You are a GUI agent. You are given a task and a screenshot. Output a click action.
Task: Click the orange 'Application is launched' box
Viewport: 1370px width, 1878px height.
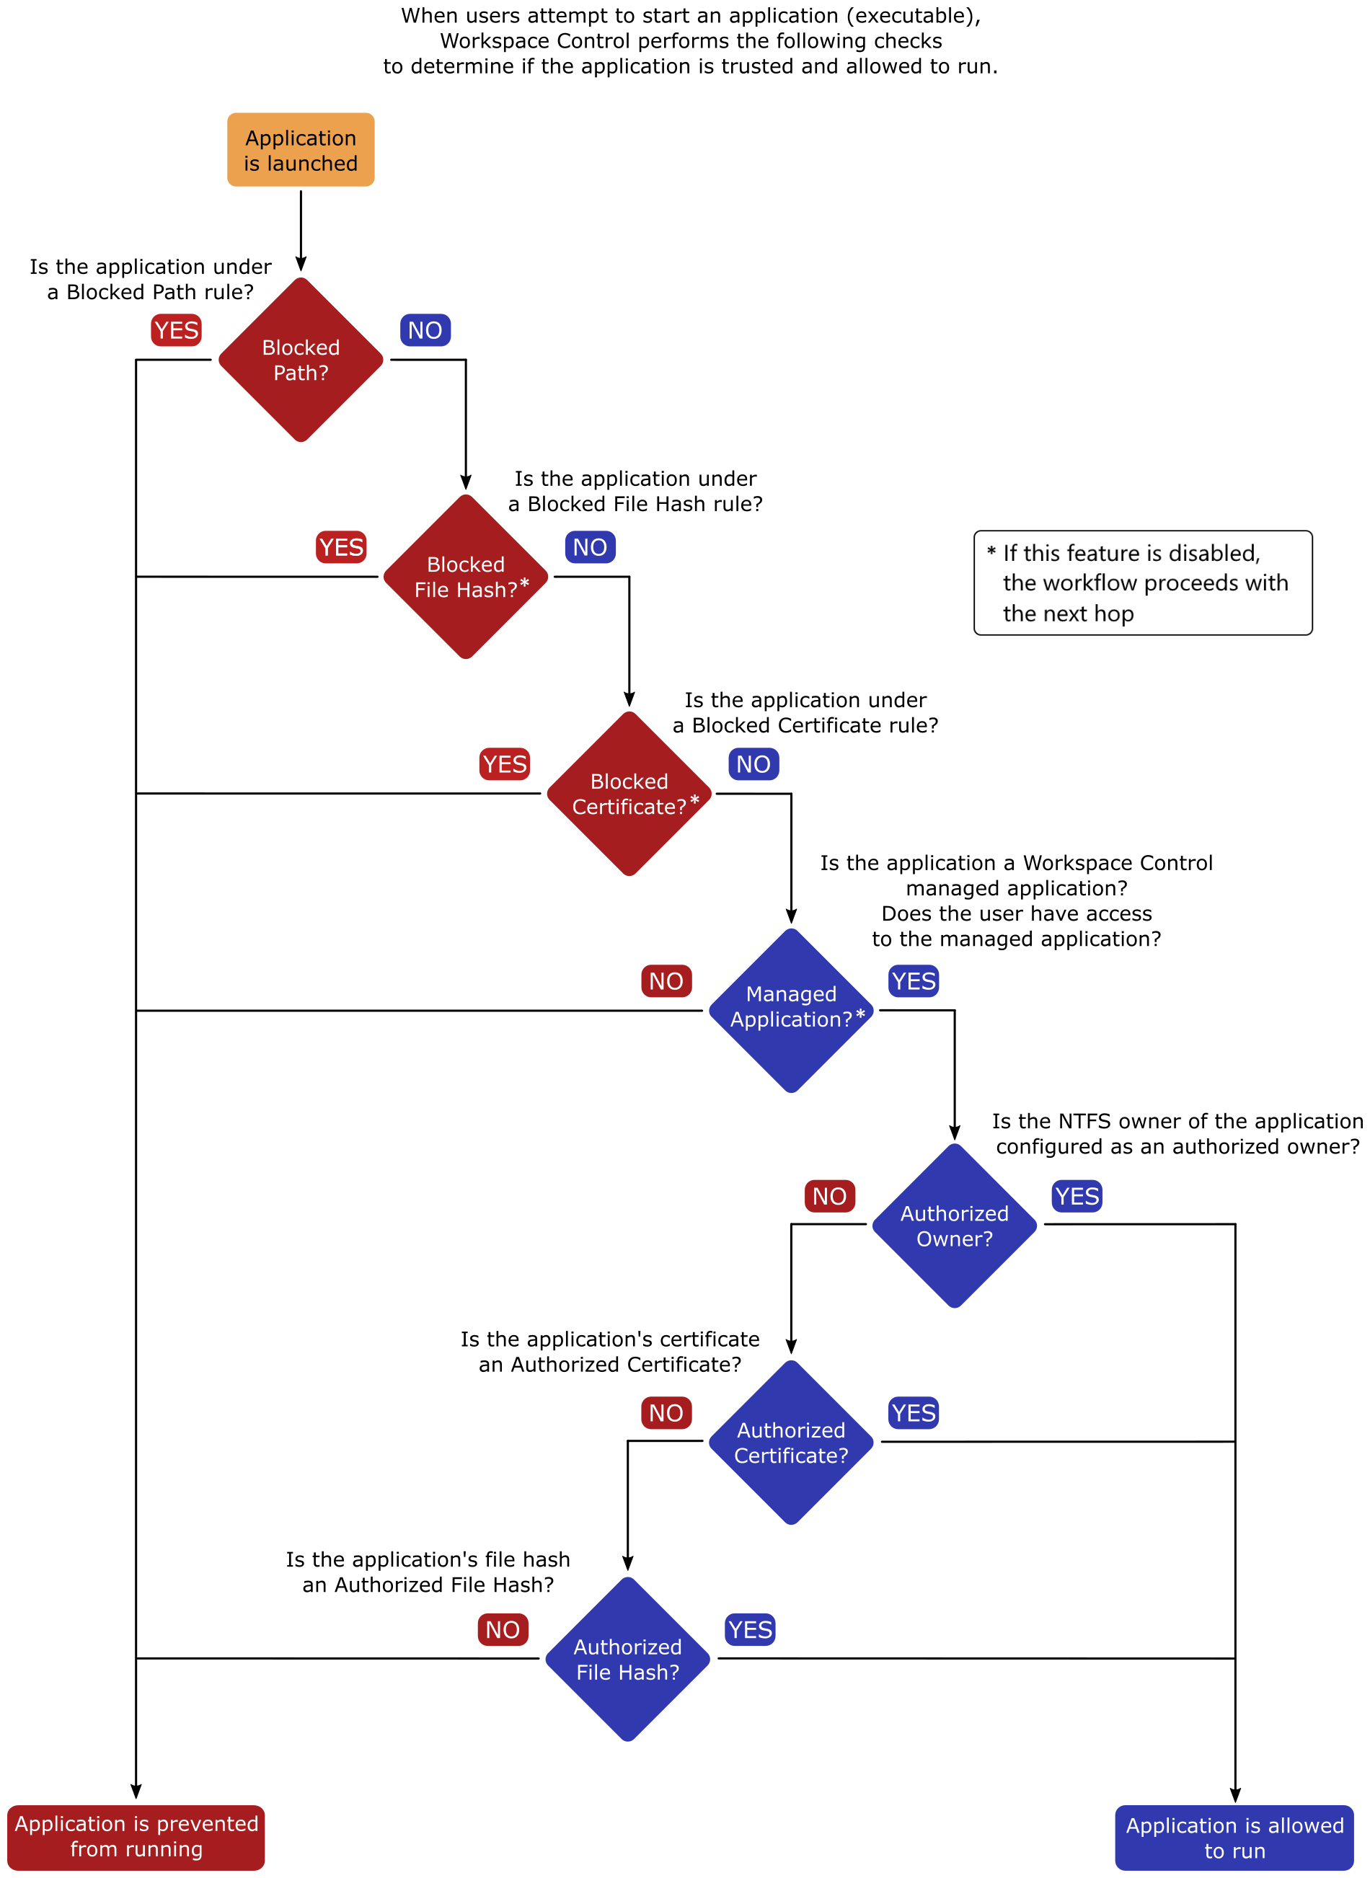[x=301, y=150]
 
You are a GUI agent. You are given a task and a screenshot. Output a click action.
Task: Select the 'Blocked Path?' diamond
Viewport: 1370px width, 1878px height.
[x=301, y=360]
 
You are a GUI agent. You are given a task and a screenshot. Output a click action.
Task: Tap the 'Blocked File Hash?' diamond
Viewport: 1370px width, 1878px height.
[x=466, y=577]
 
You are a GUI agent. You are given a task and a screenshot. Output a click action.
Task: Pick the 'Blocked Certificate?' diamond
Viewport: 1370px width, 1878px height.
[x=629, y=794]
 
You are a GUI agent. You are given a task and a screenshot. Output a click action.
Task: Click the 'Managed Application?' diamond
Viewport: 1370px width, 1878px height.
[x=791, y=1011]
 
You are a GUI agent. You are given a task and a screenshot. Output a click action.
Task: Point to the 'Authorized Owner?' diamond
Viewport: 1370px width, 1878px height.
[x=955, y=1226]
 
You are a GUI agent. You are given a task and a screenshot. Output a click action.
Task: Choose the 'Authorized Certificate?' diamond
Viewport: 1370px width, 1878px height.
[x=791, y=1443]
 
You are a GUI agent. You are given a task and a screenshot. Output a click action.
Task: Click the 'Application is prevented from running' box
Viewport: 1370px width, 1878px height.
[x=136, y=1838]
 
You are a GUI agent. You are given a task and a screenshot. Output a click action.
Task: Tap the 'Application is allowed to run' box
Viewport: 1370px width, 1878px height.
[x=1235, y=1838]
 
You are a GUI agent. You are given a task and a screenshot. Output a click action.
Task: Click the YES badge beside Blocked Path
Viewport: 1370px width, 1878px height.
[x=177, y=330]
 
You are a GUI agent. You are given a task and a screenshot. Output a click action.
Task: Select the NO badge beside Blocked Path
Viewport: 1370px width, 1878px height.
[x=425, y=330]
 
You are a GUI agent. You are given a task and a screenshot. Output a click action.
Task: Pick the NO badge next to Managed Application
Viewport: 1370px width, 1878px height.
[x=667, y=981]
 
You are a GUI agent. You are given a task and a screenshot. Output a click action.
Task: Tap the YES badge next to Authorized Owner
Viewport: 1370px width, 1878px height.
[x=1077, y=1197]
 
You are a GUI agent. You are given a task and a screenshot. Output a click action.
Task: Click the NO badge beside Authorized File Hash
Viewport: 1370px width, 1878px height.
[x=503, y=1630]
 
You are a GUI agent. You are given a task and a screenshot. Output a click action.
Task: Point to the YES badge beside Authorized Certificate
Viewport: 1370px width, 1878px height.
[x=914, y=1413]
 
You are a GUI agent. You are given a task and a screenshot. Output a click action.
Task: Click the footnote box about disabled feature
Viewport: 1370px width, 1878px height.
[x=1143, y=583]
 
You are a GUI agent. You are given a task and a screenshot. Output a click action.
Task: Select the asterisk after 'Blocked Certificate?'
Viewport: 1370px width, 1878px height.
[x=695, y=800]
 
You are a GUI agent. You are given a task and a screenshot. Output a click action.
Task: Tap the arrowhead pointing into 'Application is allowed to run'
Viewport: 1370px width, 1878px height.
[x=1235, y=1795]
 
